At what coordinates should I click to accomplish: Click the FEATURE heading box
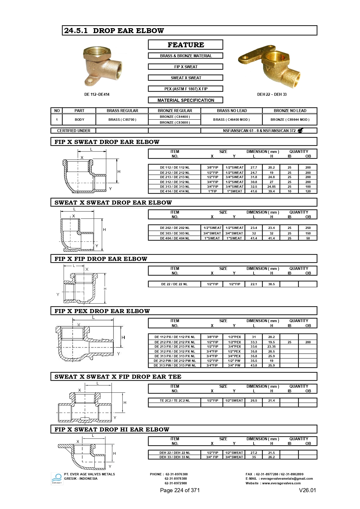click(186, 45)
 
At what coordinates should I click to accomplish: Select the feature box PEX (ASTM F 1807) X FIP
click(186, 89)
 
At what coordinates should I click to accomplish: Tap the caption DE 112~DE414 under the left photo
click(97, 94)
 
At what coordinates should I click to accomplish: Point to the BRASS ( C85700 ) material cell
click(122, 120)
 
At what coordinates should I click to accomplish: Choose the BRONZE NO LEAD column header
click(290, 111)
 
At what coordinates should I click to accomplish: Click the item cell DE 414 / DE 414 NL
click(175, 192)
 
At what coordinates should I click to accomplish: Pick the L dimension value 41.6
click(254, 192)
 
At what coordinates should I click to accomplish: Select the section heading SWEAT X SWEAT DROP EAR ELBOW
click(113, 203)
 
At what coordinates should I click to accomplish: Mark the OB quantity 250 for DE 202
click(308, 228)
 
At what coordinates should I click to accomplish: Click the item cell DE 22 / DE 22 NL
click(174, 284)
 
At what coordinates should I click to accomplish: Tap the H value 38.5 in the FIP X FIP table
click(272, 284)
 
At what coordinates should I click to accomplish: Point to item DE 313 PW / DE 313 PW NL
click(175, 365)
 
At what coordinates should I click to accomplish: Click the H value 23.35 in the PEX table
click(272, 346)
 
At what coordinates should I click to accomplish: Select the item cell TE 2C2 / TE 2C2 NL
click(175, 400)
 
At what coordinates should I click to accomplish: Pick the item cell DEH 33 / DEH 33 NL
click(175, 457)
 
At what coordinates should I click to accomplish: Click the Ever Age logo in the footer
click(57, 479)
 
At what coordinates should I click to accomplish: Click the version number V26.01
click(307, 490)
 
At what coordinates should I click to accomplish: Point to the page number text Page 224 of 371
click(180, 490)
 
